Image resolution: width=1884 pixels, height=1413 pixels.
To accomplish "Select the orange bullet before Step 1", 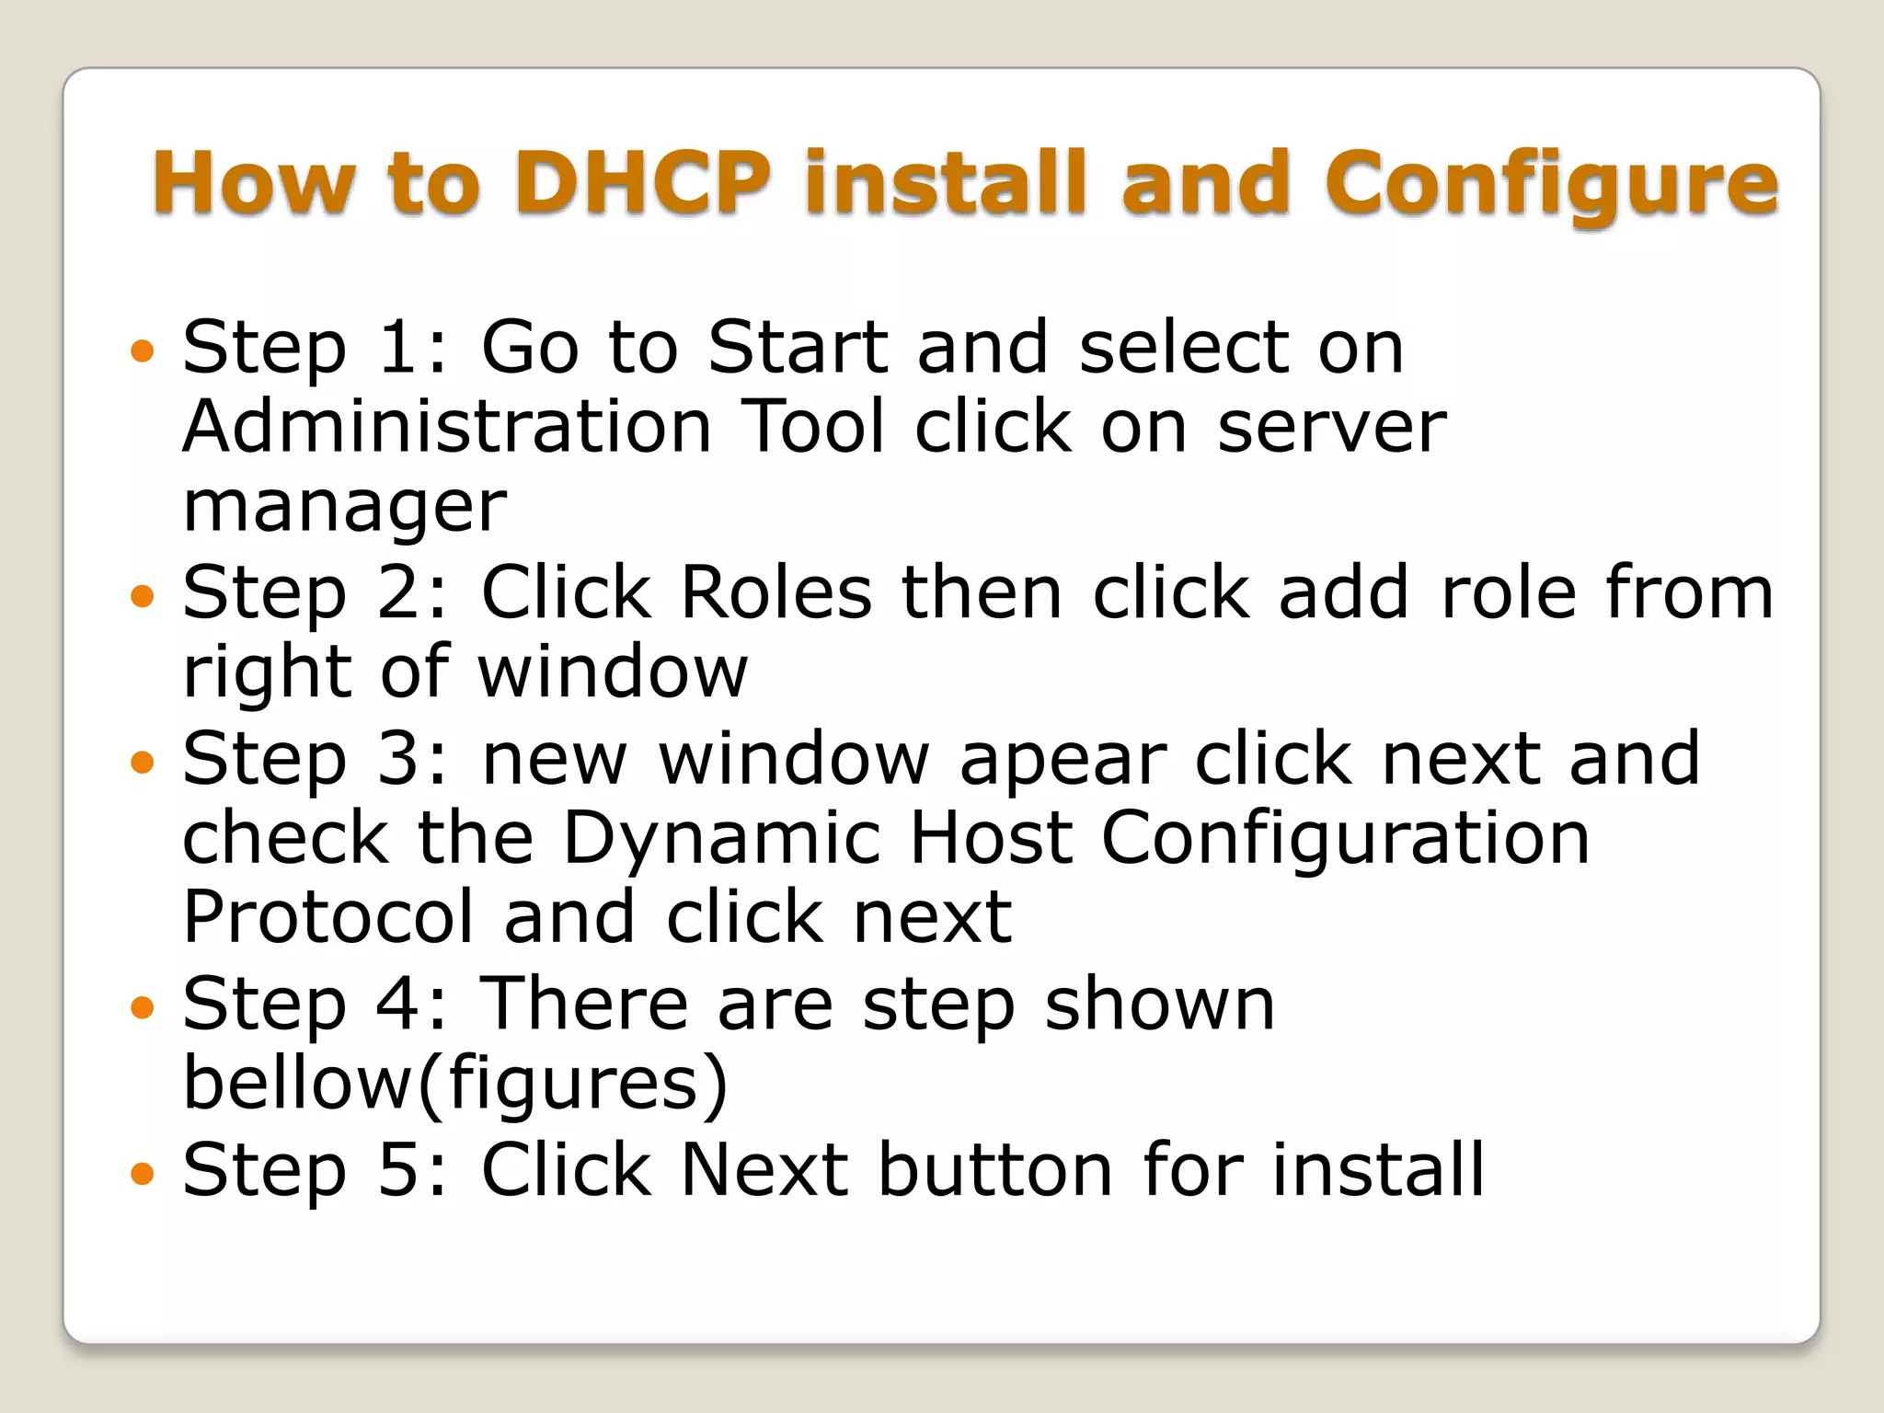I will (143, 350).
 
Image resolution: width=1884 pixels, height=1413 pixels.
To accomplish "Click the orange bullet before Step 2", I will (143, 596).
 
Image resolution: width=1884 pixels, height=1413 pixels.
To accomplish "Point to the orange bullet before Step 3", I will (143, 762).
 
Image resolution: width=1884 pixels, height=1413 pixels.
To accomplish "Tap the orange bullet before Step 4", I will (143, 1007).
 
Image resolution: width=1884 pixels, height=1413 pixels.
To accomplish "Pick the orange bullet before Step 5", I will (143, 1173).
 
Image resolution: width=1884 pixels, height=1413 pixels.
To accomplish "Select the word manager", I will (345, 507).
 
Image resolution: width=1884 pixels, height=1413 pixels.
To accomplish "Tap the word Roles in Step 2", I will (775, 592).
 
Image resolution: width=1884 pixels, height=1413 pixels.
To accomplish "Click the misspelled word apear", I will (1063, 760).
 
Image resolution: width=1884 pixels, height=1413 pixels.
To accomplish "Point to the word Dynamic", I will (722, 839).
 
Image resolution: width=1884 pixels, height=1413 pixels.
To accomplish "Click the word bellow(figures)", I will (455, 1084).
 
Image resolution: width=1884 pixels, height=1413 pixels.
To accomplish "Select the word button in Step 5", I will (996, 1170).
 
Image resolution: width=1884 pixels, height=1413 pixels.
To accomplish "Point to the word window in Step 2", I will (613, 672).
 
